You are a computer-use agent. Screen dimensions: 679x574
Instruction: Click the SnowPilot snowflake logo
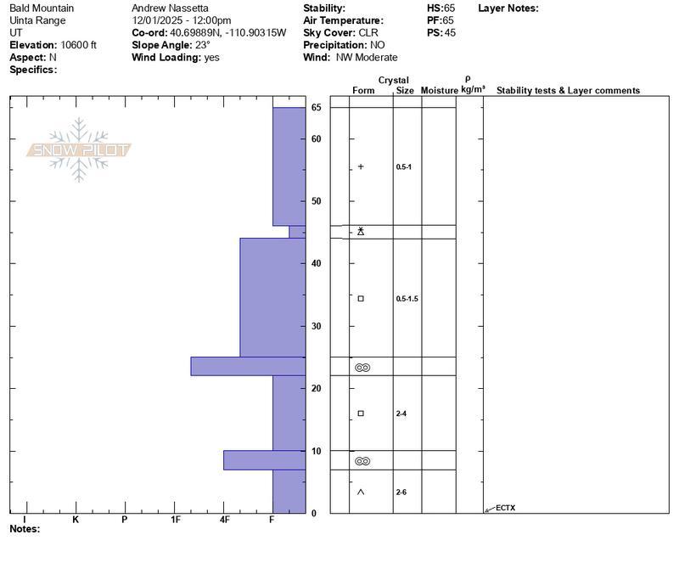pos(78,150)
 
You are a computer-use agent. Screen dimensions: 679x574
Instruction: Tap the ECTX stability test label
pos(505,508)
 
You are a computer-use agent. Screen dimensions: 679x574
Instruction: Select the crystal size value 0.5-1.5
pos(407,299)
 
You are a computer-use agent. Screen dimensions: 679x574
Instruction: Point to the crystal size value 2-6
pos(401,492)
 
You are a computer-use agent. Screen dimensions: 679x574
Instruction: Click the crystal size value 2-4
pos(401,414)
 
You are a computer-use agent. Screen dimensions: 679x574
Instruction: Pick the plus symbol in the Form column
pos(361,166)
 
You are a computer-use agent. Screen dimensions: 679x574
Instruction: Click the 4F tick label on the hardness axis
pos(224,520)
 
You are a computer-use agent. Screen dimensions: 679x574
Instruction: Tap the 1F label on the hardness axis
pos(176,520)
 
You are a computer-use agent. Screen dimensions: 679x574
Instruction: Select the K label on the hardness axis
pos(76,520)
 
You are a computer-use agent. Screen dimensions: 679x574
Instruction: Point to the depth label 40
pos(316,263)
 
